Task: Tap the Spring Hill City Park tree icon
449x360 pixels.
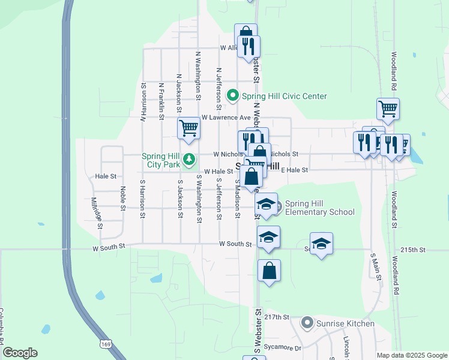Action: pos(189,159)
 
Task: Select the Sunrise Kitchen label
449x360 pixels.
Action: pos(346,324)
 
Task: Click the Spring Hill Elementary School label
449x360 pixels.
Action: pos(319,208)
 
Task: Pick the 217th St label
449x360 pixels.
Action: pos(277,317)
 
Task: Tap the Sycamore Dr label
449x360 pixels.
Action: pos(285,347)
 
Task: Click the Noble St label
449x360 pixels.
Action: pos(122,194)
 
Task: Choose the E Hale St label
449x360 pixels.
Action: pos(294,170)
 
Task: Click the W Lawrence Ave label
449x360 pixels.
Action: pos(226,118)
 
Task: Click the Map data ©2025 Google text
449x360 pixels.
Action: pos(411,355)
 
